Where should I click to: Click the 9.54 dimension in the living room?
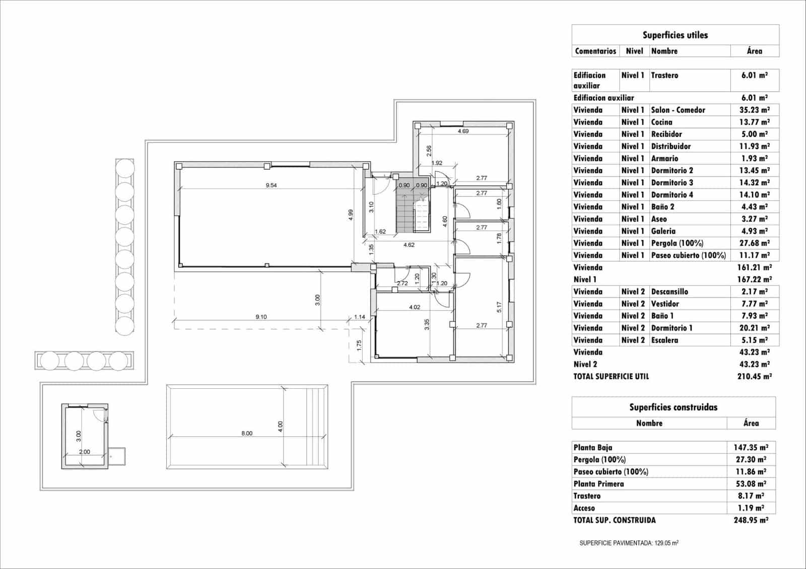271,185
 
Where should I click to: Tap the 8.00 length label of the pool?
247,434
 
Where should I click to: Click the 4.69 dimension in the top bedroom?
463,131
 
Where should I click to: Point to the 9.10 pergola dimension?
261,317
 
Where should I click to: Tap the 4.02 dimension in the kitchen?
414,307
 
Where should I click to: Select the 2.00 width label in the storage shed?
85,452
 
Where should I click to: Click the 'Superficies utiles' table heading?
675,35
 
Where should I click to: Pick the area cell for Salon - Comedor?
755,110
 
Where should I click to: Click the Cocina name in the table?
661,122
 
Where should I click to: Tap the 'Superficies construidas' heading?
673,407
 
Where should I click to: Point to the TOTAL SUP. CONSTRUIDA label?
615,520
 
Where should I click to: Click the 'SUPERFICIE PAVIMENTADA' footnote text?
629,543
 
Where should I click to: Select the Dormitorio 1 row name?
671,328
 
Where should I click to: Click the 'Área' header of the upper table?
754,51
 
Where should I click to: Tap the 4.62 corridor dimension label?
409,245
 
